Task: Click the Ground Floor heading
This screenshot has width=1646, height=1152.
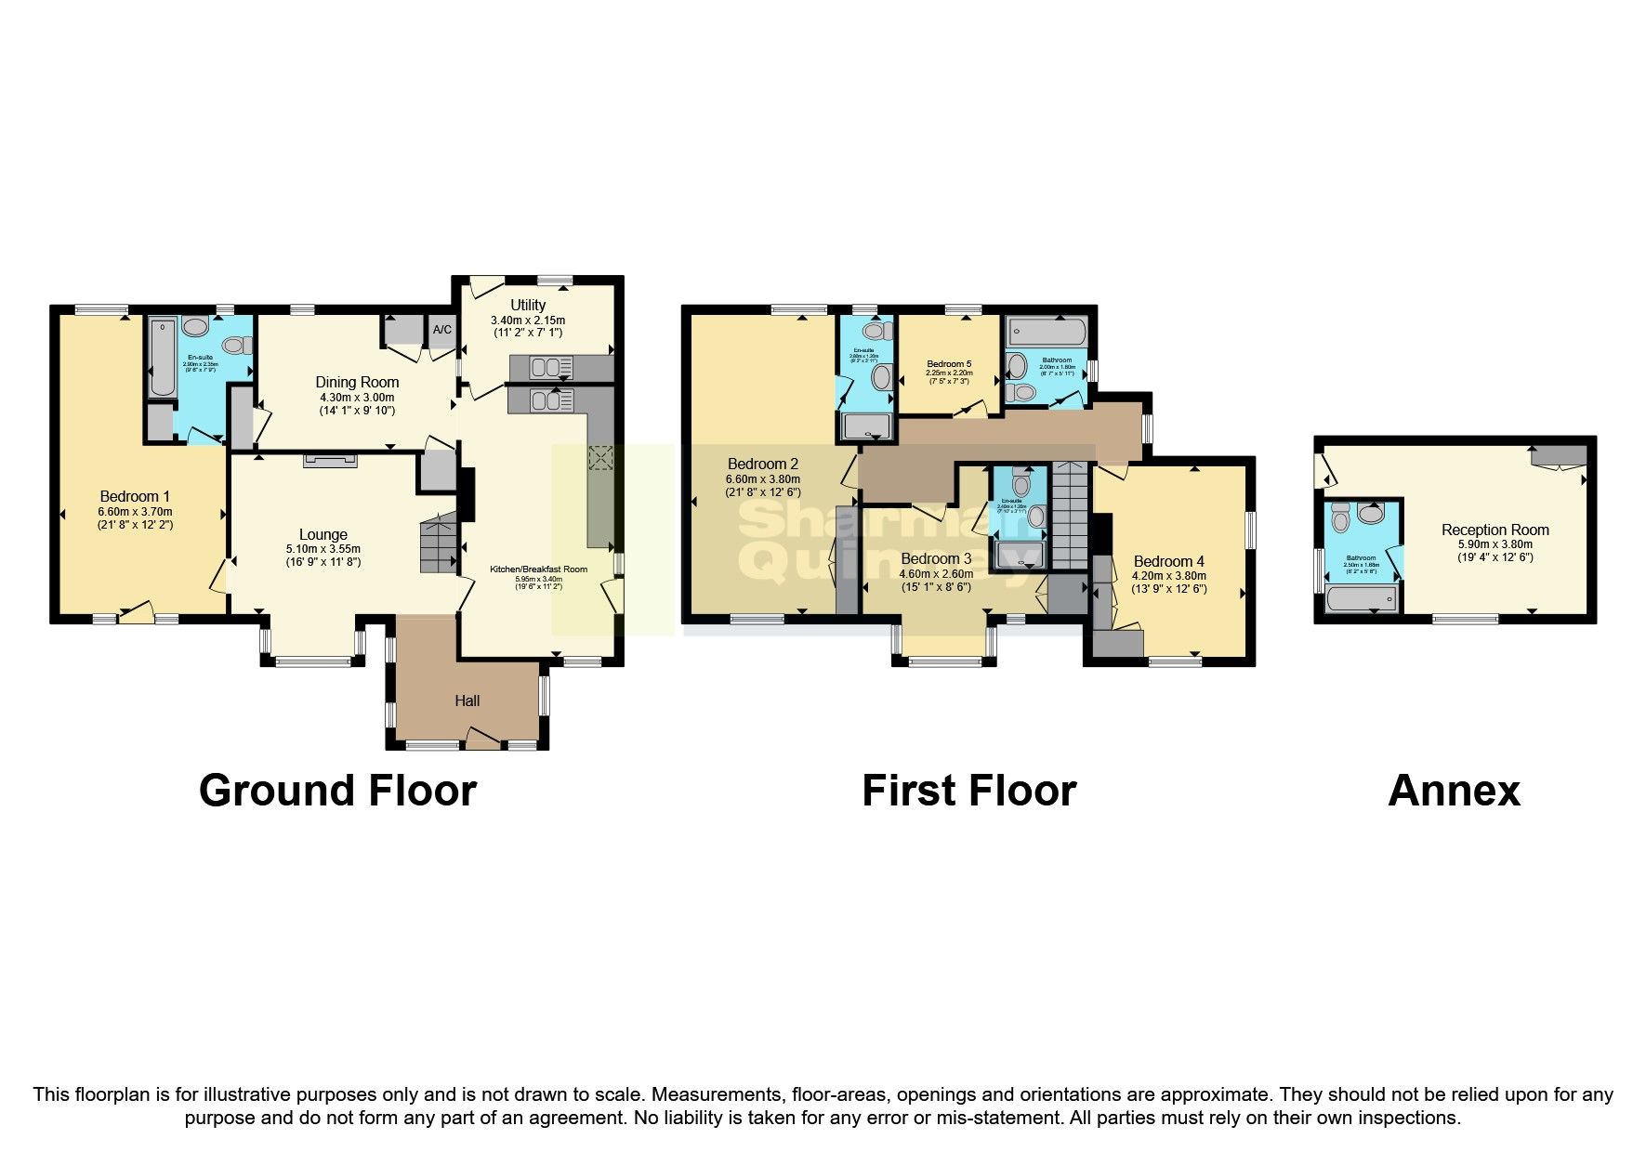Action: point(337,791)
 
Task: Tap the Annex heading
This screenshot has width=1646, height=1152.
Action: point(1454,791)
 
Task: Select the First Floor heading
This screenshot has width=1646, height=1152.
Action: point(968,791)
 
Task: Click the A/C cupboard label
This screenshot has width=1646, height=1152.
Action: point(441,329)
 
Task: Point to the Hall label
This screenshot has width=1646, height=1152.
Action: point(467,700)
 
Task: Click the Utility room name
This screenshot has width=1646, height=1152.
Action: point(528,305)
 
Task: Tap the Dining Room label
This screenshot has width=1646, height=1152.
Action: point(357,382)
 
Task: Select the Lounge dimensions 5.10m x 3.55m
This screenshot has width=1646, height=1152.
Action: point(323,548)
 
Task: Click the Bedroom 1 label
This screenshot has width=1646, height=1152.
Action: point(135,496)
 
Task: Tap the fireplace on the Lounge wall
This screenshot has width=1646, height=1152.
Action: point(329,460)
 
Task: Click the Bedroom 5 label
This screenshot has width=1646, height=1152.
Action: point(949,364)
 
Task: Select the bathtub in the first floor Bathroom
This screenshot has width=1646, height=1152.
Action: point(1047,330)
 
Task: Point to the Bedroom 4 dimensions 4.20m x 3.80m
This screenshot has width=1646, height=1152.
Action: point(1168,575)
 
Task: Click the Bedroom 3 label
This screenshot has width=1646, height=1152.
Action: point(936,558)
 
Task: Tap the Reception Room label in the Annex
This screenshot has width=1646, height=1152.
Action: point(1495,530)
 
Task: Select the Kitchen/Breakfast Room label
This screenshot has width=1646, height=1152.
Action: point(539,569)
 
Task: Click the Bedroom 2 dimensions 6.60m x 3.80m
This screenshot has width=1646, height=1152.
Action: point(762,478)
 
